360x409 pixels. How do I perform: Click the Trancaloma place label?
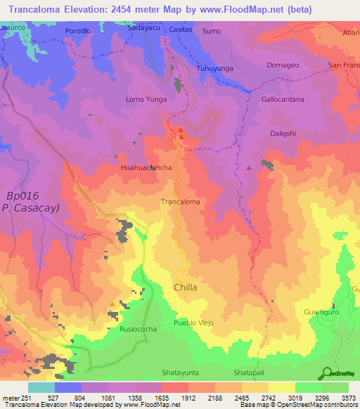pos(181,202)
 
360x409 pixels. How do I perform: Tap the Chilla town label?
pos(185,287)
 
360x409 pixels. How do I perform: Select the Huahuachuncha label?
pos(146,169)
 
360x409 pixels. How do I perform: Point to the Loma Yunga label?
pos(146,100)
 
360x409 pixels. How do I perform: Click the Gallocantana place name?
pos(283,100)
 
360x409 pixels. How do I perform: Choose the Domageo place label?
pos(283,65)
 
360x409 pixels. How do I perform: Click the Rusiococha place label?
pos(138,328)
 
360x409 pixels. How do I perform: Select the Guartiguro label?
pos(323,311)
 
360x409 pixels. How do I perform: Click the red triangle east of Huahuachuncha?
pos(249,168)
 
